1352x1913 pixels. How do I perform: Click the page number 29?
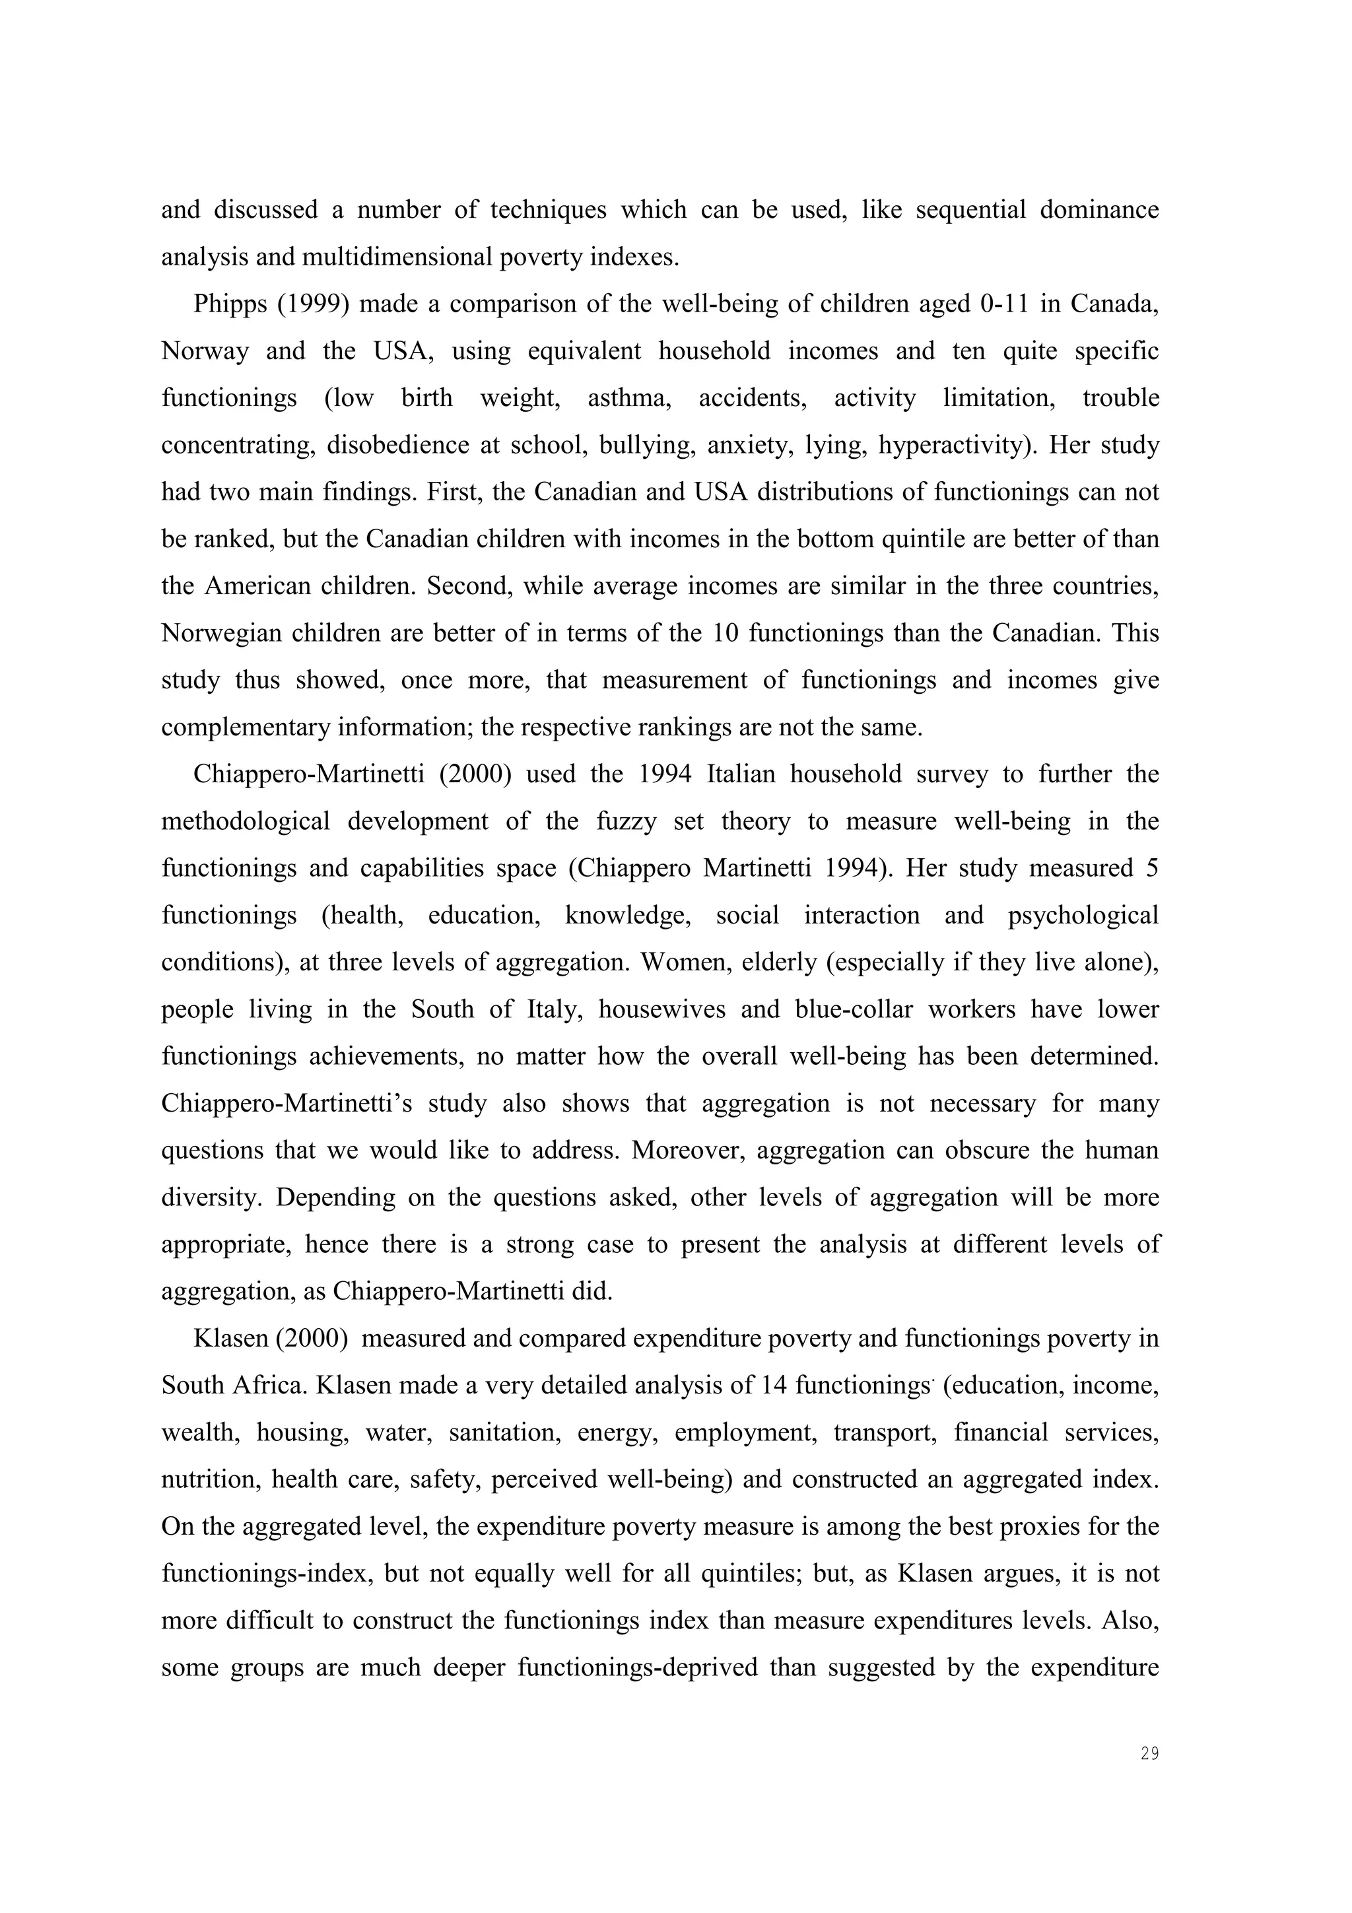[1149, 1754]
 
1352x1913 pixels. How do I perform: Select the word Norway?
[205, 351]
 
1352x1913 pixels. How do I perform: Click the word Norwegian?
[223, 633]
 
